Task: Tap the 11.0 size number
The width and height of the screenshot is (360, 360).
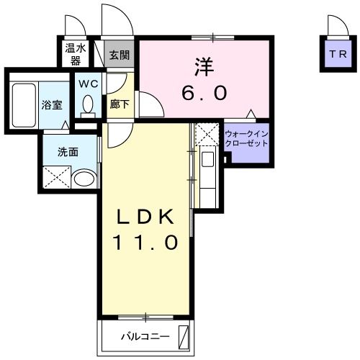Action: pyautogui.click(x=145, y=243)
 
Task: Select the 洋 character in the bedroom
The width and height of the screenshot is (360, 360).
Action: pyautogui.click(x=203, y=67)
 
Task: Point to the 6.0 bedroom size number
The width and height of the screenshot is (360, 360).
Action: pyautogui.click(x=204, y=93)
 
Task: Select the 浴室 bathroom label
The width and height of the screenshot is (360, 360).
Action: pyautogui.click(x=52, y=104)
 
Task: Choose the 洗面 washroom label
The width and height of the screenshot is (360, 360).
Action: pyautogui.click(x=68, y=152)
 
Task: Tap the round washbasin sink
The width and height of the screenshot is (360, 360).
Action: pyautogui.click(x=84, y=178)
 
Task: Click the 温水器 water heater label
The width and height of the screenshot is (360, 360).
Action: pyautogui.click(x=73, y=54)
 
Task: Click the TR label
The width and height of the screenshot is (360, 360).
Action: pyautogui.click(x=336, y=54)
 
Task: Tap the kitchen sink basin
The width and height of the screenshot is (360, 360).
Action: pyautogui.click(x=207, y=160)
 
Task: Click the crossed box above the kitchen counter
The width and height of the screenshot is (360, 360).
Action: pyautogui.click(x=206, y=133)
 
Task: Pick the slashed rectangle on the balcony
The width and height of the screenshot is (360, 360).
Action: pyautogui.click(x=184, y=337)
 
